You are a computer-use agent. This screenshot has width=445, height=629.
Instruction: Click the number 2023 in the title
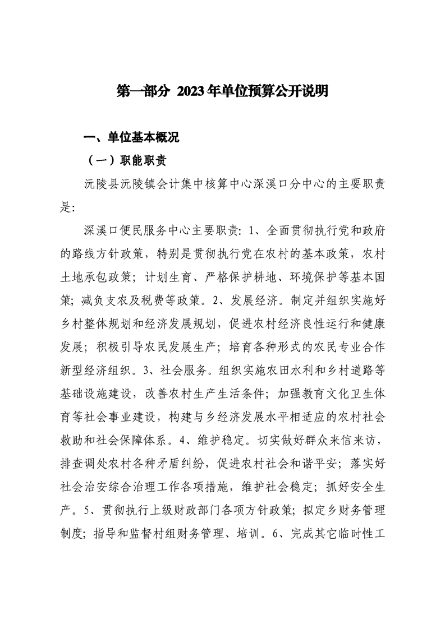coord(191,91)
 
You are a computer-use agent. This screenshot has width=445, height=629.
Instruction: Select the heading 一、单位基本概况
coord(131,138)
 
